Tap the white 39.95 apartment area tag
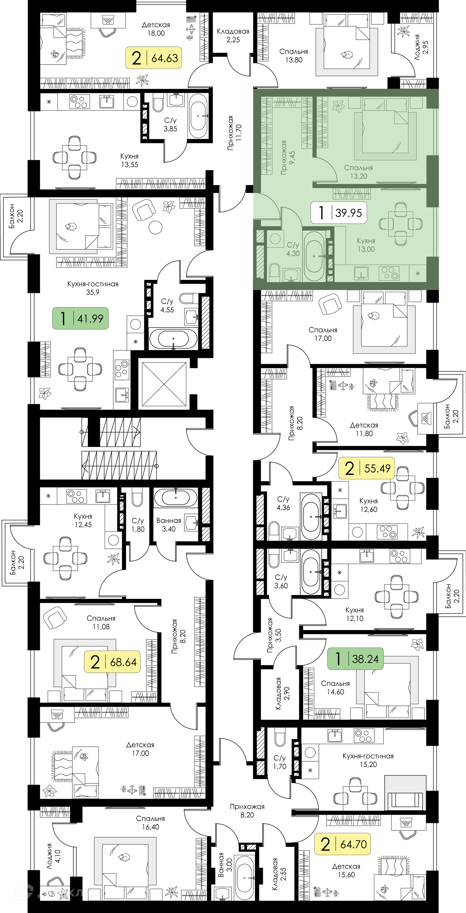point(339,213)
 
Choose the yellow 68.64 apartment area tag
point(112,662)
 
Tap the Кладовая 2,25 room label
point(233,35)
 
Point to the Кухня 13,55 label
point(129,160)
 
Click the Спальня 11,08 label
point(101,622)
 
